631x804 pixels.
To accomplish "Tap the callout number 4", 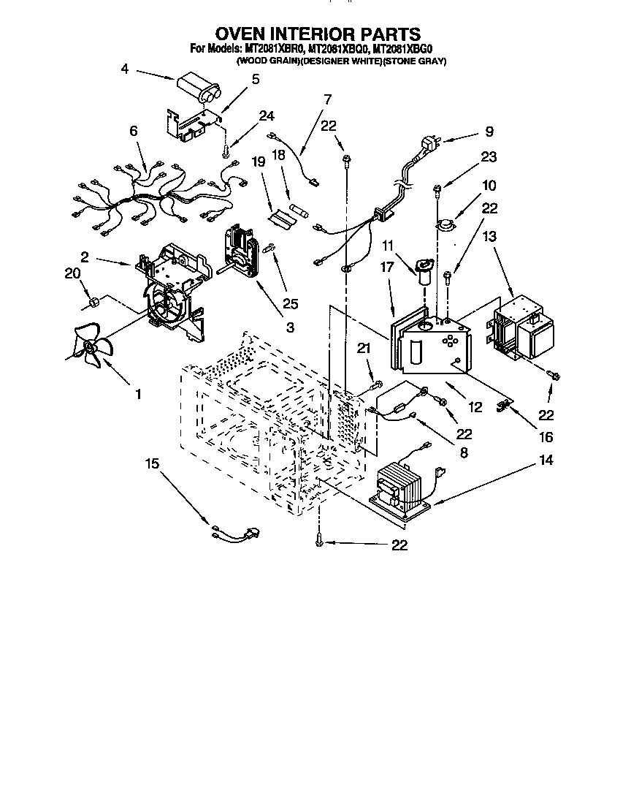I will (125, 69).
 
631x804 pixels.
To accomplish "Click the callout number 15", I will (151, 463).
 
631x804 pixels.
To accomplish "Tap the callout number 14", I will (546, 460).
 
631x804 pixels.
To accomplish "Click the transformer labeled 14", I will (401, 488).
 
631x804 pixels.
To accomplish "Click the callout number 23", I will (489, 156).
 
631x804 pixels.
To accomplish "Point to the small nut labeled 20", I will (93, 301).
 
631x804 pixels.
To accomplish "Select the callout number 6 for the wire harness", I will (133, 132).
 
